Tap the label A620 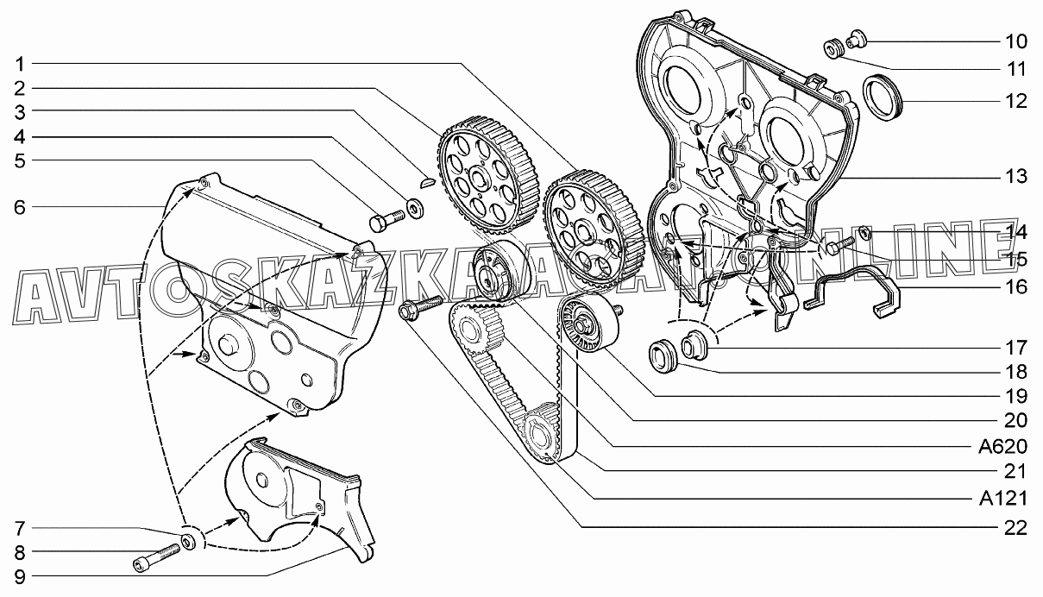[x=1002, y=447]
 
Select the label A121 [x=1002, y=499]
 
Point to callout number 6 [x=20, y=207]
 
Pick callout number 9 [x=20, y=577]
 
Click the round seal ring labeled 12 [x=883, y=97]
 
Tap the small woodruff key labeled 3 [x=427, y=182]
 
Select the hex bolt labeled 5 [x=386, y=220]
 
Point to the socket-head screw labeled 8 [x=156, y=559]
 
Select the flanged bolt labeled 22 [x=420, y=306]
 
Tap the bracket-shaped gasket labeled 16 [x=851, y=292]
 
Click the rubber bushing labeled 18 [x=663, y=356]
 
